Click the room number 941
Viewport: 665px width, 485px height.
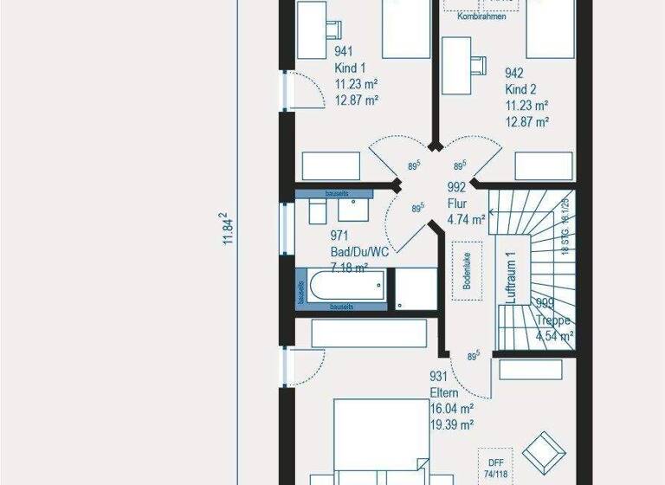[x=345, y=52]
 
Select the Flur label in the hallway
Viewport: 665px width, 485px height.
[x=455, y=203]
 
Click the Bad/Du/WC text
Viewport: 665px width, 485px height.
[x=359, y=251]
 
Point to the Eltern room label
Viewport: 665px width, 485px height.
[x=444, y=392]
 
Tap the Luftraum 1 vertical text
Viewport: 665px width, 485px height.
[x=511, y=277]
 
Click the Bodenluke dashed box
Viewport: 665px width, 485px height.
[x=467, y=270]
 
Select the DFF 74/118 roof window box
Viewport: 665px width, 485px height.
[x=494, y=466]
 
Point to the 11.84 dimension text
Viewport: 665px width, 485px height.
[x=228, y=229]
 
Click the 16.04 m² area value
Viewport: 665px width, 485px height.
[x=452, y=409]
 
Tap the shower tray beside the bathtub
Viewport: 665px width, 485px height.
[x=416, y=288]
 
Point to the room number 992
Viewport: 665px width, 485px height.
[x=456, y=187]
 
